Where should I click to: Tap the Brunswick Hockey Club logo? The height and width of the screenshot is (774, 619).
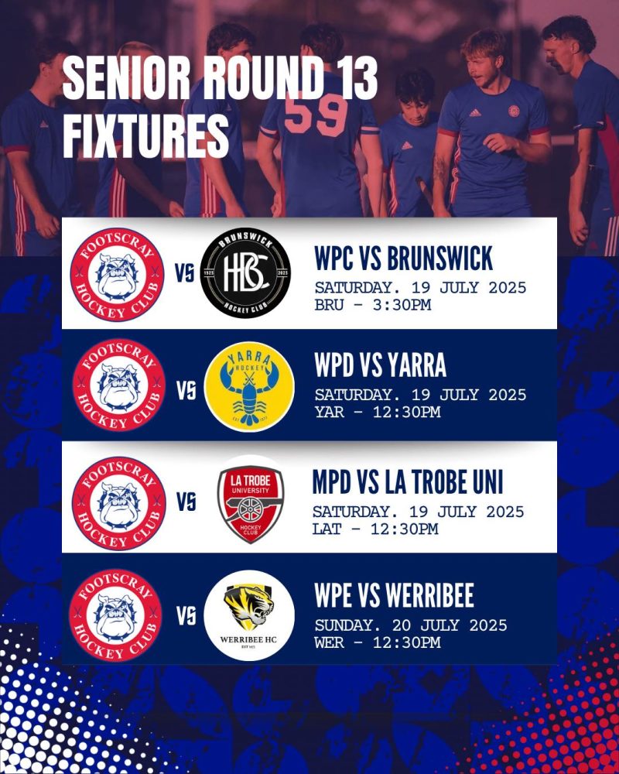(245, 273)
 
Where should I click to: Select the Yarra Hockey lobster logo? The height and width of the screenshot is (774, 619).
(249, 386)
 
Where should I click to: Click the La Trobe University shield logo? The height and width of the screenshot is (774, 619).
(251, 505)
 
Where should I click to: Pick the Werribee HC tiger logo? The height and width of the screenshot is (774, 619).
(249, 615)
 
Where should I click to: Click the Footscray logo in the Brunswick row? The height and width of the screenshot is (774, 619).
(118, 275)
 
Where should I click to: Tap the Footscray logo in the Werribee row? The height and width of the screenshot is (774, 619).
(115, 615)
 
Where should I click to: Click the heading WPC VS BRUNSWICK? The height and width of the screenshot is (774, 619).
(404, 259)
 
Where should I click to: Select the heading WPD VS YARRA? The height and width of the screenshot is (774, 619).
(380, 365)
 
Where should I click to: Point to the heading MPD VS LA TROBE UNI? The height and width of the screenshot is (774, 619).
(408, 481)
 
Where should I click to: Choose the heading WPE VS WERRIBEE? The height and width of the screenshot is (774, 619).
(394, 595)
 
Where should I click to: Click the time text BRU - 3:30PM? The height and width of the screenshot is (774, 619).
(373, 304)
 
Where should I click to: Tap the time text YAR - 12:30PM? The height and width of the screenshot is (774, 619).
(378, 412)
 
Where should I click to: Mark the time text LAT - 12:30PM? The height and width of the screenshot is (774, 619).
(375, 529)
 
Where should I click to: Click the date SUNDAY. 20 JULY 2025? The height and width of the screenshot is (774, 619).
(411, 625)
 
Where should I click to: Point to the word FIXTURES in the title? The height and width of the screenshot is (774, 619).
(146, 135)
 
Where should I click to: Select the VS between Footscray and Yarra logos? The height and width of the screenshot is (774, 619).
(186, 391)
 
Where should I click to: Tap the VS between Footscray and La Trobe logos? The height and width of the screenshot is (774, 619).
(186, 502)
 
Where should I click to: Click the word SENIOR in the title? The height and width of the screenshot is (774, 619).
(127, 77)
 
